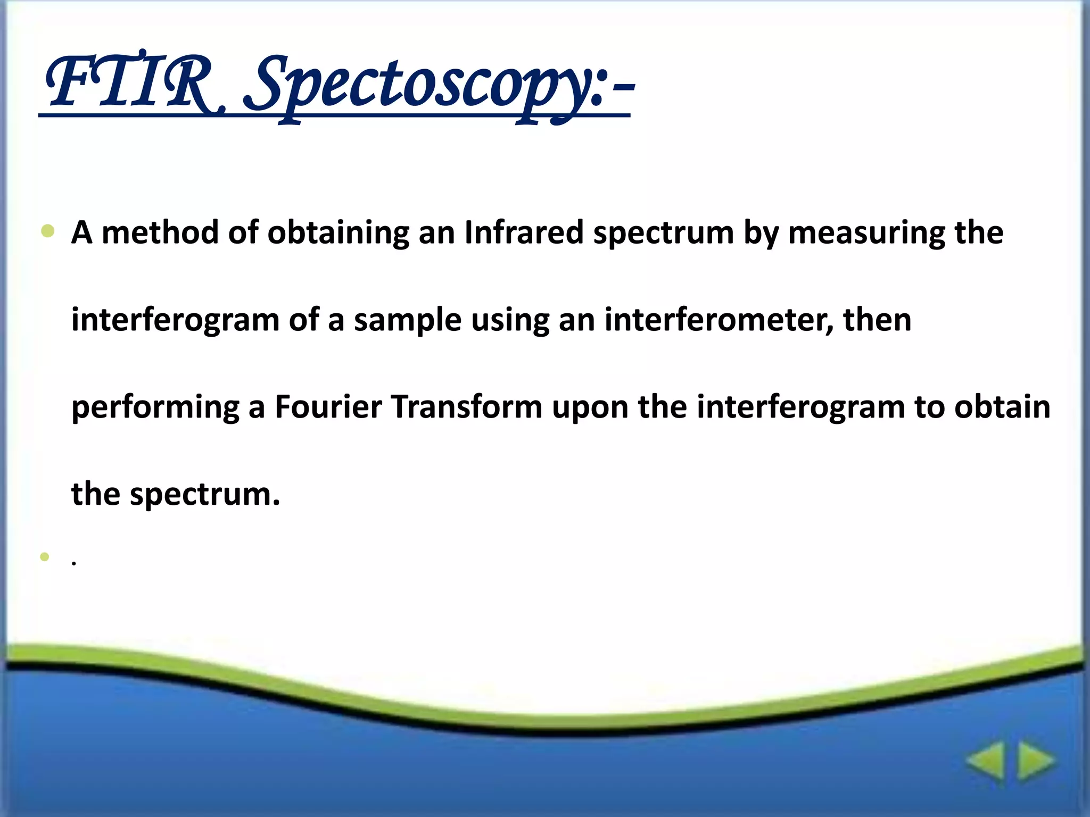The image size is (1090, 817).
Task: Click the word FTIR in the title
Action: coord(130,82)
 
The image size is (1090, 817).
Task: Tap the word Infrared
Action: coord(524,232)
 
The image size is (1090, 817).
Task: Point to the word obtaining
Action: coord(338,232)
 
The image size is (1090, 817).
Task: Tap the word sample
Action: coord(407,320)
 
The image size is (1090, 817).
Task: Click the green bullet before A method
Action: coord(47,231)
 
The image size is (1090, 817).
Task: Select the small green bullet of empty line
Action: coord(45,556)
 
